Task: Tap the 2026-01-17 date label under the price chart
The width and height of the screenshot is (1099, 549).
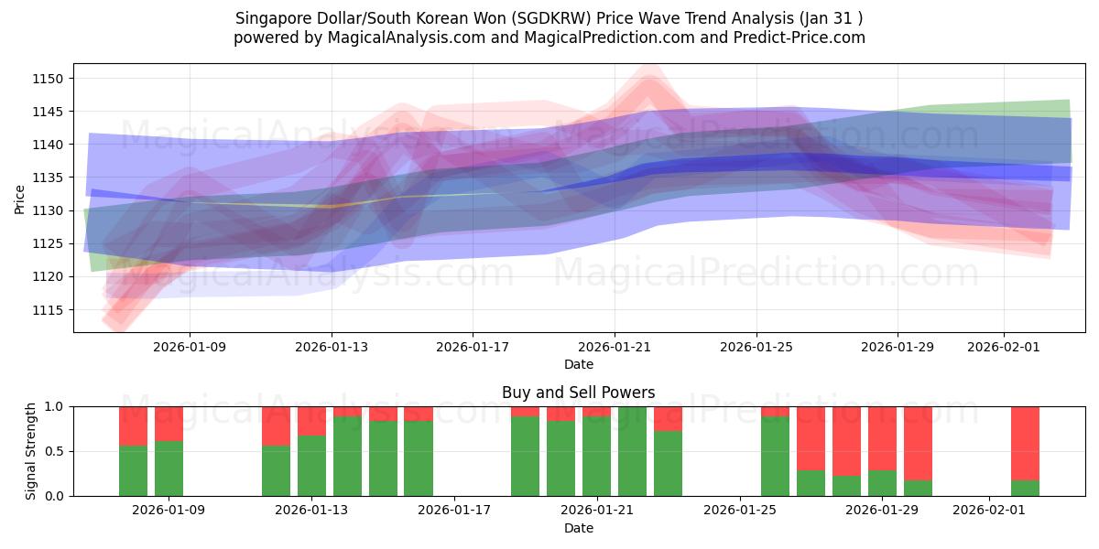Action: click(x=472, y=347)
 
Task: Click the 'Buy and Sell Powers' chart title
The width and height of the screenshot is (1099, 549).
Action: click(x=578, y=393)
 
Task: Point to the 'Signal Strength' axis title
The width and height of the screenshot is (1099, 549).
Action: click(x=30, y=450)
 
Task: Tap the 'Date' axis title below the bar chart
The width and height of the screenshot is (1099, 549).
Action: click(x=578, y=528)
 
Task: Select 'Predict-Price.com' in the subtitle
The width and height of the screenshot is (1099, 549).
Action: click(x=801, y=38)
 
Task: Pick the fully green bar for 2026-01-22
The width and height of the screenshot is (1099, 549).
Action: click(x=632, y=451)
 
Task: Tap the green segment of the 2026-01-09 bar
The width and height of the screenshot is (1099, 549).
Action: click(x=169, y=468)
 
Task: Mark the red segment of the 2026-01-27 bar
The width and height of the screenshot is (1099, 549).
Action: click(x=811, y=438)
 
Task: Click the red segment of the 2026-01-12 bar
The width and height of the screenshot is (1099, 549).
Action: click(x=276, y=425)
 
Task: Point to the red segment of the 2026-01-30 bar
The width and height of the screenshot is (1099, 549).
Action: click(x=918, y=443)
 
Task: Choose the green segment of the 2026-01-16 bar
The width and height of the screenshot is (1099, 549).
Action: click(x=419, y=458)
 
